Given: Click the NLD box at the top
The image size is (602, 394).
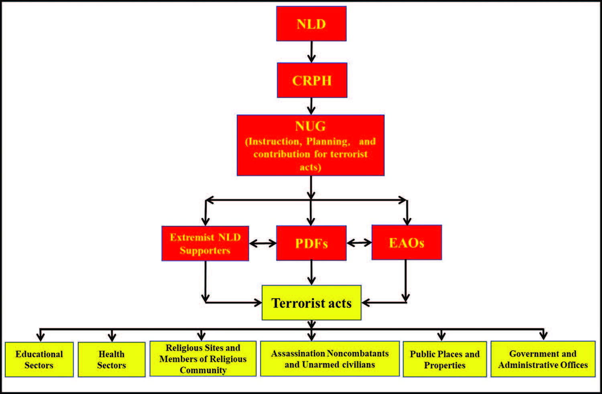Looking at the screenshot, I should (311, 24).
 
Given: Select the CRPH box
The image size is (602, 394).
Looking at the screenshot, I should (312, 80).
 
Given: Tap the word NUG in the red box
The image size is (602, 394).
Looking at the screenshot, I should (310, 126).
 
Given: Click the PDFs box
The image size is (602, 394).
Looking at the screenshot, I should (311, 243).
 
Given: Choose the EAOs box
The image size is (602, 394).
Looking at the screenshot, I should (407, 242).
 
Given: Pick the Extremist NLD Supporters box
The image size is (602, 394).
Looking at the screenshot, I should (205, 243).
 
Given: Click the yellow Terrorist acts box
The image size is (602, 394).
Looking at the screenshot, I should (311, 303).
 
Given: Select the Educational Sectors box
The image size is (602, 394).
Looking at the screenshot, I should (39, 359).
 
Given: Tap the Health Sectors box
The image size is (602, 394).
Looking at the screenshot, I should (112, 359).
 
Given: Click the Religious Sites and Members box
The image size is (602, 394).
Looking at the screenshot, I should (203, 359).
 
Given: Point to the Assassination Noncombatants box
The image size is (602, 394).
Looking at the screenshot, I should (329, 359).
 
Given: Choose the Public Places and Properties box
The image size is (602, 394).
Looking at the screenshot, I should (445, 359).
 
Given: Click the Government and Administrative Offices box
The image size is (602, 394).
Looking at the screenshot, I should (543, 359).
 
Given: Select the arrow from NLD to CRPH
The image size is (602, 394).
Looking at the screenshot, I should (311, 52).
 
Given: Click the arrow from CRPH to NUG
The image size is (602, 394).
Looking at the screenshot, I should (311, 106).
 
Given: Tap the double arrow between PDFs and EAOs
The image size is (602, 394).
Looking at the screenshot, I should (359, 242).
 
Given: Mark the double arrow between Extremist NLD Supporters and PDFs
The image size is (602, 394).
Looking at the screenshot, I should (262, 243).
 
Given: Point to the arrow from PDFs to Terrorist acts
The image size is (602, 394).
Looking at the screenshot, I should (311, 273).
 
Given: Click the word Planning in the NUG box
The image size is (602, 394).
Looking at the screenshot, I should (327, 141).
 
